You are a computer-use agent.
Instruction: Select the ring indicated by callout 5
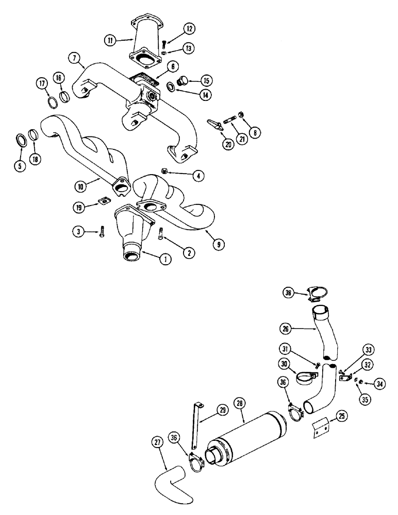[x=22, y=140]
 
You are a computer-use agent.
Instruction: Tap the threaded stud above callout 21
[x=229, y=122]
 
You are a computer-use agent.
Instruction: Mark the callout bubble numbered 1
[x=165, y=260]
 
